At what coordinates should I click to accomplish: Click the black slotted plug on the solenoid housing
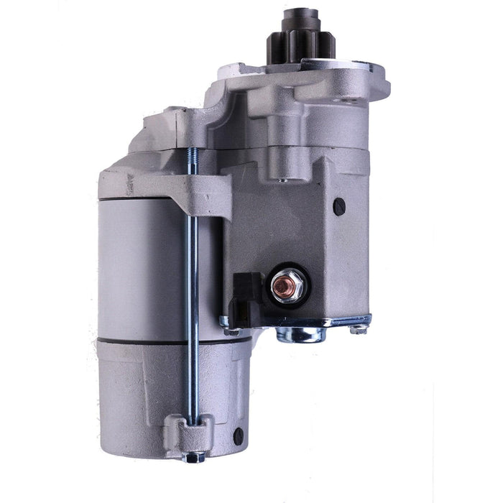(x=339, y=206)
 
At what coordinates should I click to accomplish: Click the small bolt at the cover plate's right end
(x=357, y=328)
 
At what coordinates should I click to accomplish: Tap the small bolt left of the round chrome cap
(x=231, y=331)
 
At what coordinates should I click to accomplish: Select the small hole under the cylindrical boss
(x=282, y=180)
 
